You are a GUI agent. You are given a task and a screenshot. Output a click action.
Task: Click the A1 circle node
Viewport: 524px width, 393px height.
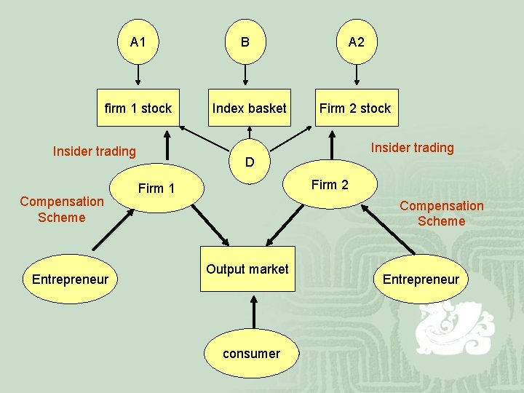(x=138, y=42)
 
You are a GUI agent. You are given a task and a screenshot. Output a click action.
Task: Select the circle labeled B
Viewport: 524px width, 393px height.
(x=245, y=42)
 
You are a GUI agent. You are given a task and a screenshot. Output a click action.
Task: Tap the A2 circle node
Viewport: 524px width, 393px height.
(x=356, y=42)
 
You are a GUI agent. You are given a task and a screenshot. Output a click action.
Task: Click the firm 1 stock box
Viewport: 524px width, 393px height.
(x=138, y=108)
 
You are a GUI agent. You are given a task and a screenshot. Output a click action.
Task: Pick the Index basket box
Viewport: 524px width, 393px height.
(x=249, y=108)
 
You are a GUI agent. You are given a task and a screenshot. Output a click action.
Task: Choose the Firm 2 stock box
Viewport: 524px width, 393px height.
(x=354, y=108)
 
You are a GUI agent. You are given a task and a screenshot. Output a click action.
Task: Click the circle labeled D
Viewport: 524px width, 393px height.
(x=250, y=162)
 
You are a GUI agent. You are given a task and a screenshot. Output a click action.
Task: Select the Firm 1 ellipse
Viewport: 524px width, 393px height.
(x=157, y=188)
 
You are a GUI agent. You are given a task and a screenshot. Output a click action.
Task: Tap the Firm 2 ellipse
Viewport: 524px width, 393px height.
(x=330, y=185)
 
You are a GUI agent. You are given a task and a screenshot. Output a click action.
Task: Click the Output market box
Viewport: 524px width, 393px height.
(x=247, y=269)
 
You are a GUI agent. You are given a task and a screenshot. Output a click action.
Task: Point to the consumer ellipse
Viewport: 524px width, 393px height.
(x=251, y=354)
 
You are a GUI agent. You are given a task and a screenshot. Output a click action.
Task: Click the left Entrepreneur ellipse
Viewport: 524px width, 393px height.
(x=70, y=279)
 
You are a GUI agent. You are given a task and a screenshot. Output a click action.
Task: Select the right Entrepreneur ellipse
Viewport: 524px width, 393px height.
(x=421, y=279)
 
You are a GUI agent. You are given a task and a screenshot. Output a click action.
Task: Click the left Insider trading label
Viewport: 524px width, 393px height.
(x=94, y=151)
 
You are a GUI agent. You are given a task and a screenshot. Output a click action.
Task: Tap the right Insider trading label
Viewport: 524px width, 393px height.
(x=412, y=148)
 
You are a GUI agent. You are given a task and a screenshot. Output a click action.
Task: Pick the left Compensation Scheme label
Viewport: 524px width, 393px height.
(x=62, y=210)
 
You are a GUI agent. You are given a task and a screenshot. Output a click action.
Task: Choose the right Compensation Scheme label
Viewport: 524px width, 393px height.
(x=441, y=214)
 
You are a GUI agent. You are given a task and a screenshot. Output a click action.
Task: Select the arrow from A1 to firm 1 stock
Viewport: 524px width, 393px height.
(x=138, y=74)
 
